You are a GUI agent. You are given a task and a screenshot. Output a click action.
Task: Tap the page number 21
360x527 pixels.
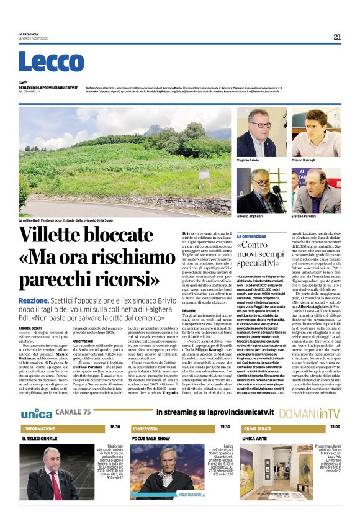pos(337,37)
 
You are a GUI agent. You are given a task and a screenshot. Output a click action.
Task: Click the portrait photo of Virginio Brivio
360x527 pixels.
pos(261,133)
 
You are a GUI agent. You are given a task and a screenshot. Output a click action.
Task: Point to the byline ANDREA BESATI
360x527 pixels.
pos(29,328)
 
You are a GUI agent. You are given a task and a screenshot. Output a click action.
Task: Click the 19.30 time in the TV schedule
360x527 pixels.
pos(224,427)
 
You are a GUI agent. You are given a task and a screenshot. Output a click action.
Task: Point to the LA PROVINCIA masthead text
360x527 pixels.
pos(29,34)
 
